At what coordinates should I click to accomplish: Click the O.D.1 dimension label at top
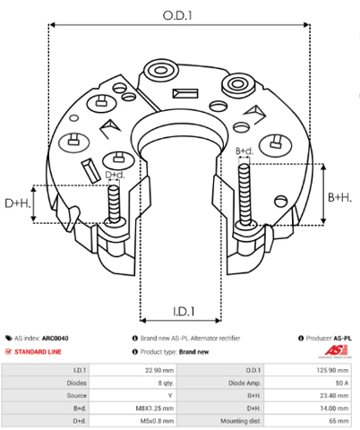[177, 15]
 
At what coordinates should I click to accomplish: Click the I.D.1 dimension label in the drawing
[184, 312]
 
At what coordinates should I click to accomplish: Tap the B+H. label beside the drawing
[339, 197]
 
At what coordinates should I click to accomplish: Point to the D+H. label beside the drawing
[18, 203]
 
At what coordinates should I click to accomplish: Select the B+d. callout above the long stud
[244, 151]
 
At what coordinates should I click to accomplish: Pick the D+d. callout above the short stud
[115, 175]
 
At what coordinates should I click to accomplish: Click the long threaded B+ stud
[244, 194]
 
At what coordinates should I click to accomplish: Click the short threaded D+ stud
[115, 203]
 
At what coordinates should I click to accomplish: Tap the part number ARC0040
[55, 339]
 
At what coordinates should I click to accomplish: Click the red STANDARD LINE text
[38, 352]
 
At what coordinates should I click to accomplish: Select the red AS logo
[336, 350]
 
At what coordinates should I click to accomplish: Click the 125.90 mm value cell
[308, 370]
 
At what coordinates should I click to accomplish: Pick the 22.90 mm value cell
[133, 370]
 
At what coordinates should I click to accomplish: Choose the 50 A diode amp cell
[308, 383]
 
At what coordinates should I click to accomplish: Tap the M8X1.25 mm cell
[133, 408]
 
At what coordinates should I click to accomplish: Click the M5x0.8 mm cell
[133, 421]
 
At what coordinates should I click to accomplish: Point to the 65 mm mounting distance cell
[308, 421]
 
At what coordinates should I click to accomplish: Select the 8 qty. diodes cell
[133, 383]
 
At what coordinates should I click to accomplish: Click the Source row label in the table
[77, 396]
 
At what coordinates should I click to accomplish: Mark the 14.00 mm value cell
[308, 408]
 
